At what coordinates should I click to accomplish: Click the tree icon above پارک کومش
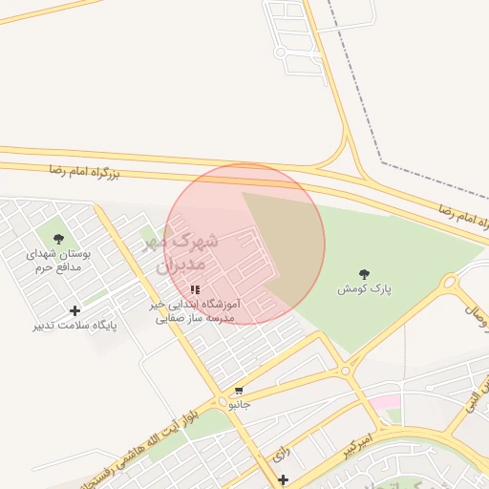(363, 274)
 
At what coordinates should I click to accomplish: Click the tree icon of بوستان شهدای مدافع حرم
(58, 239)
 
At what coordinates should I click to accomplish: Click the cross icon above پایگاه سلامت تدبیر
(75, 310)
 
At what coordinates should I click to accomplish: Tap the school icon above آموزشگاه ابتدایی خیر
(195, 289)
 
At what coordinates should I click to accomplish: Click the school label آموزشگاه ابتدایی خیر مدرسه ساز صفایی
(195, 310)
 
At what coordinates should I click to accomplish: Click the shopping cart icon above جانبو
(238, 391)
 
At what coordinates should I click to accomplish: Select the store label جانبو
(239, 404)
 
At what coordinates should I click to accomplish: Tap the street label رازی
(280, 456)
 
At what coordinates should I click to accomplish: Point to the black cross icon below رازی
(283, 479)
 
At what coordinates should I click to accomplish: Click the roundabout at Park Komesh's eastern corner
(449, 282)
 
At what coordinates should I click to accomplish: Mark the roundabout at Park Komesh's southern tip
(346, 370)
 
